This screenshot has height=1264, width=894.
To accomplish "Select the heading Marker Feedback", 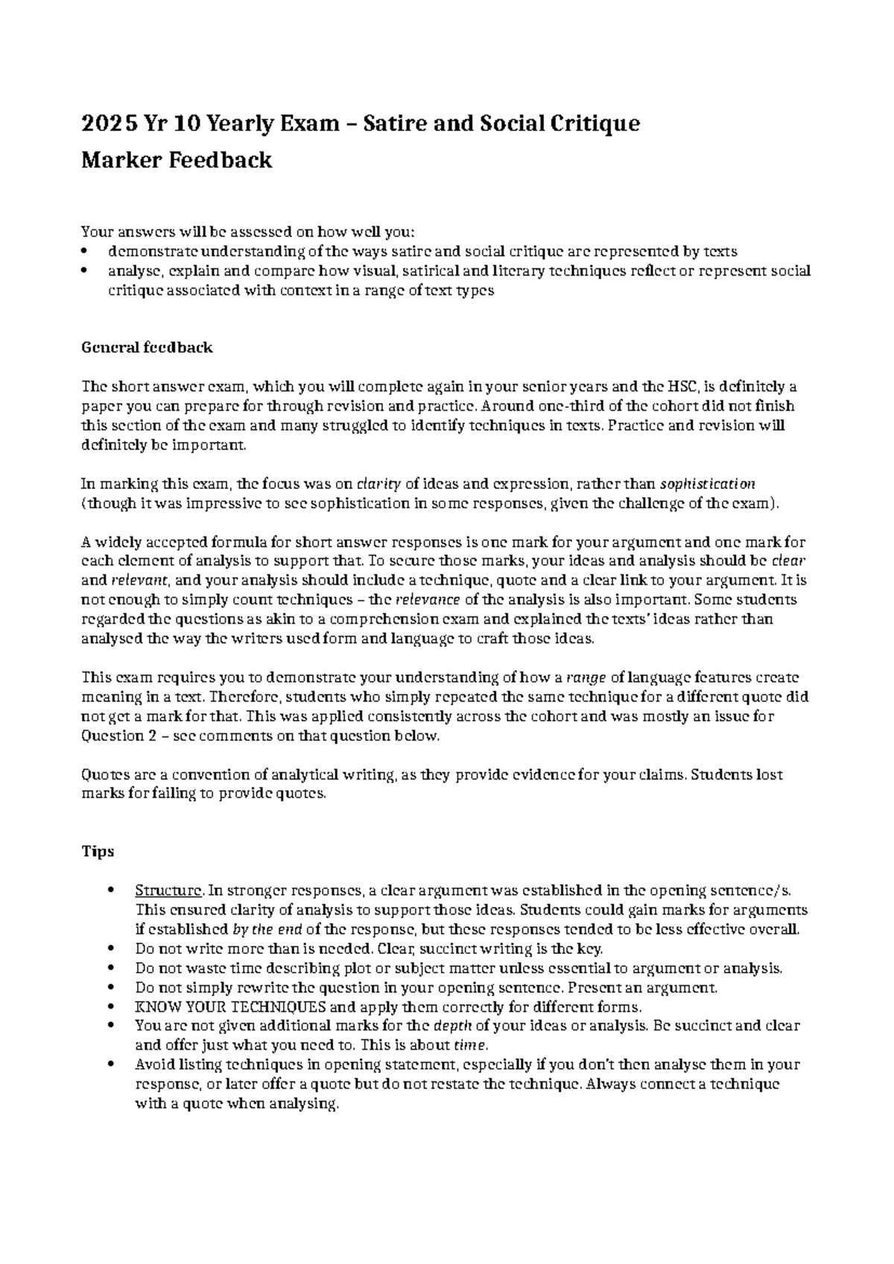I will [x=177, y=159].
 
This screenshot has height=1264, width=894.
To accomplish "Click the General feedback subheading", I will [x=147, y=347].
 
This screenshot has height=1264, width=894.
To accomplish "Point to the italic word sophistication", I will [x=708, y=484].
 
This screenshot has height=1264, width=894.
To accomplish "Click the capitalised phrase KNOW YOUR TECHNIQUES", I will [x=230, y=1007].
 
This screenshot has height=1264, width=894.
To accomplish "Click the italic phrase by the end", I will [x=267, y=929].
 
